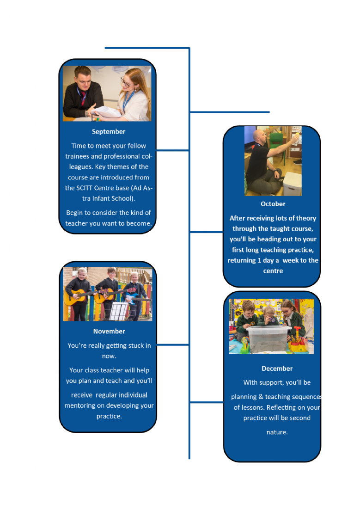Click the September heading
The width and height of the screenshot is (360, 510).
coord(108,132)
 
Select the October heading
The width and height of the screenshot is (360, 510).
coord(273,204)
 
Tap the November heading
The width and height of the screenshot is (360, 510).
coord(109,332)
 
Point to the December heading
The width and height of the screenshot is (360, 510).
coord(277,369)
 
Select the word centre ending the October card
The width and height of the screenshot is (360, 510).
coord(273,271)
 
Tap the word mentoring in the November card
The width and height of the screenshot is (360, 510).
coord(79,406)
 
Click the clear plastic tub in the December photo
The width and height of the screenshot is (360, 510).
coord(267,339)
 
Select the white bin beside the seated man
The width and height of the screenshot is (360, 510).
coord(292,184)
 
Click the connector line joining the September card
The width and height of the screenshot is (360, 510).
coord(172,150)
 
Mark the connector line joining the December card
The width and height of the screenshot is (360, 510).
coord(207,402)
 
